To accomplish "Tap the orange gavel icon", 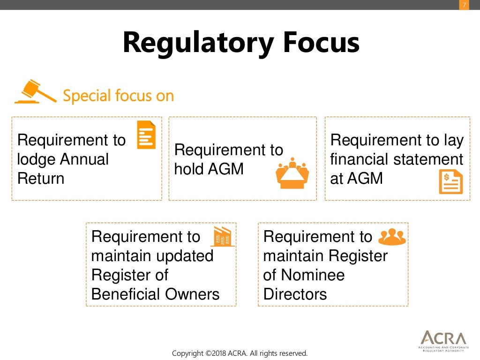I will coord(35,92).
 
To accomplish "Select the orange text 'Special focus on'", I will coord(118,96).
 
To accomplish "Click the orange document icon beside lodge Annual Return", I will coord(146,135).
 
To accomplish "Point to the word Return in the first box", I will coord(41,179).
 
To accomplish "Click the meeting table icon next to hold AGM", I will coord(292,173).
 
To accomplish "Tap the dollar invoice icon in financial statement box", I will coord(450,182).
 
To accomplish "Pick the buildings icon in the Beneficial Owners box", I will coord(222,237).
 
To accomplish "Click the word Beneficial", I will coord(120,294).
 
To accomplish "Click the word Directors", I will coord(295,294).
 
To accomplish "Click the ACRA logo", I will coord(443,340).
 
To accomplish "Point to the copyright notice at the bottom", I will coord(240,353).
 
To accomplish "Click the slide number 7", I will coord(464,5).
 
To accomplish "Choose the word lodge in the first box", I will coord(37,159).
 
